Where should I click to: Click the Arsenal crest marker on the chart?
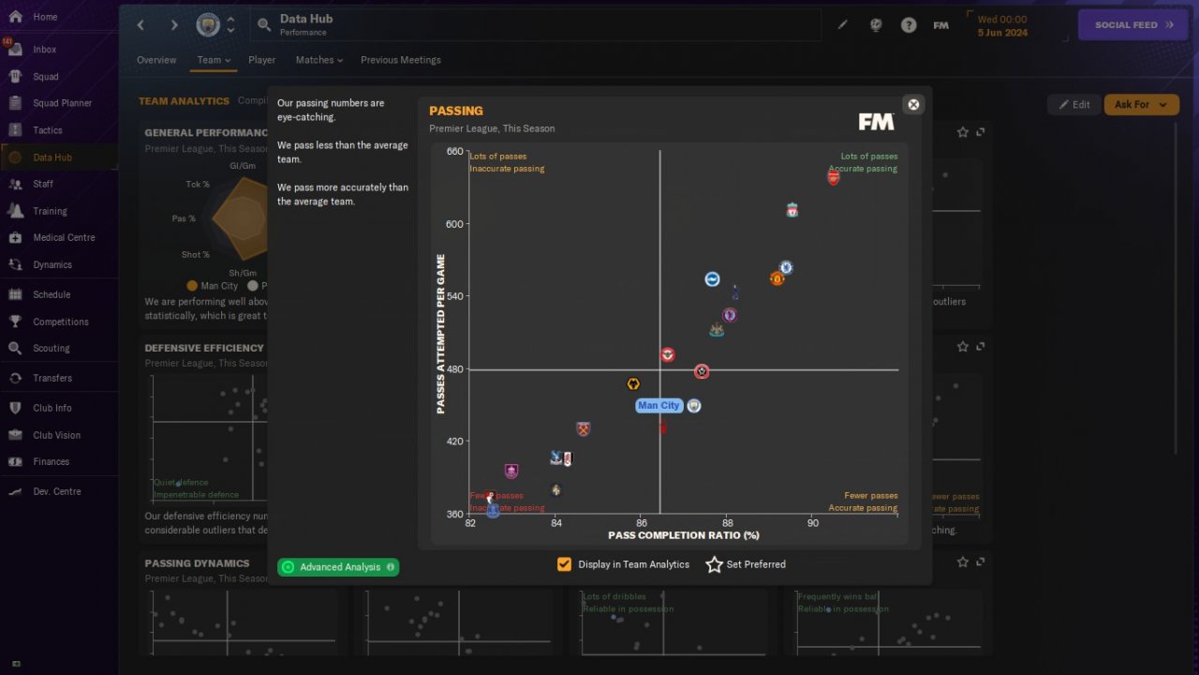(x=834, y=177)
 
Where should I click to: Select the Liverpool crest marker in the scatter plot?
(x=792, y=210)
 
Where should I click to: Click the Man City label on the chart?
(x=659, y=406)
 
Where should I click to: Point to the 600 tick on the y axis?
(x=453, y=224)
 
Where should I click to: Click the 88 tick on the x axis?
(x=728, y=523)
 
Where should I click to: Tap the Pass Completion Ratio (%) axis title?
(x=684, y=535)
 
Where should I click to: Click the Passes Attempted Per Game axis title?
(x=441, y=334)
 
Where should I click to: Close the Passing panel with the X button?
(x=913, y=105)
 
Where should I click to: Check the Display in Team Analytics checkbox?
(x=564, y=564)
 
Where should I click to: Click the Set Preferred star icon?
(x=715, y=564)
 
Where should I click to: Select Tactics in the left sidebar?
(x=47, y=130)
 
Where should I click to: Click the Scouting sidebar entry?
(x=51, y=348)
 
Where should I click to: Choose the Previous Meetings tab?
(x=400, y=60)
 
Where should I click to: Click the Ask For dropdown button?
(x=1141, y=105)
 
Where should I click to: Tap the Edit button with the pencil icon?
(x=1073, y=105)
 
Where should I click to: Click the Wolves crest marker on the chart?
(x=634, y=384)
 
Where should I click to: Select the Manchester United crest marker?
(x=777, y=278)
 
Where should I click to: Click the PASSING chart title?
(x=456, y=111)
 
